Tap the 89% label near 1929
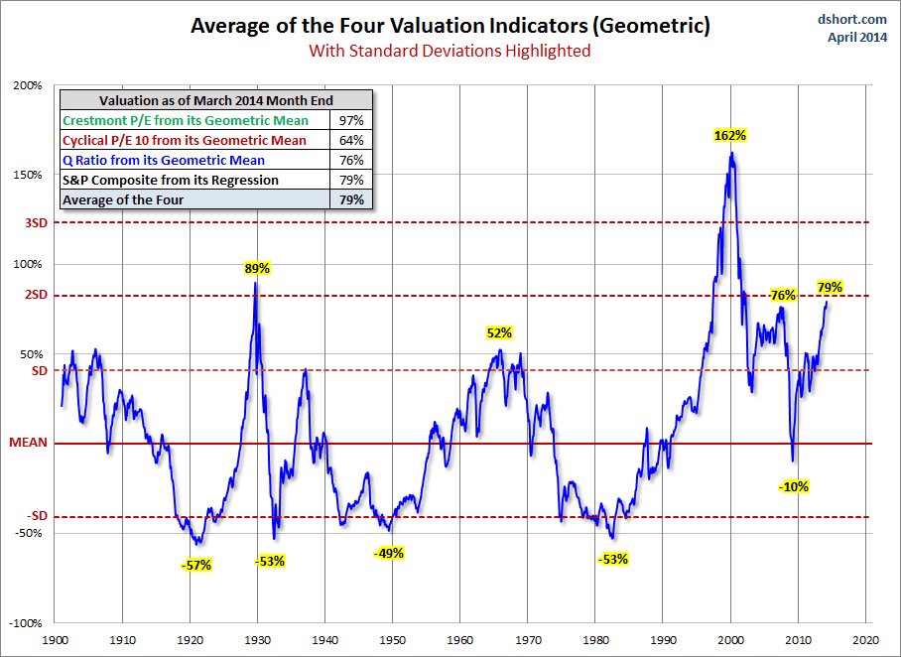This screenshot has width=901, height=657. click(x=258, y=268)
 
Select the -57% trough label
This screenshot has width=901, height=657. click(x=196, y=565)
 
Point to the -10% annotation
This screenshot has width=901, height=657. click(x=794, y=486)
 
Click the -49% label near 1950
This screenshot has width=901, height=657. click(x=389, y=553)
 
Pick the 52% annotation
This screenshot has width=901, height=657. click(x=498, y=332)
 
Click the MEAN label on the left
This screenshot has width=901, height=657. click(x=29, y=444)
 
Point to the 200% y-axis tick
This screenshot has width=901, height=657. click(x=28, y=85)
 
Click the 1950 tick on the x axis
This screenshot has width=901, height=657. click(x=393, y=641)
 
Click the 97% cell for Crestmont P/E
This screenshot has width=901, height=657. click(x=351, y=120)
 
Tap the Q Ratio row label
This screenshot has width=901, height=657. click(x=164, y=160)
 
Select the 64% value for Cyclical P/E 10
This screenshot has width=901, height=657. click(x=351, y=140)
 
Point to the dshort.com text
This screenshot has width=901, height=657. click(x=852, y=19)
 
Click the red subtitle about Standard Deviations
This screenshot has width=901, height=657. click(x=450, y=51)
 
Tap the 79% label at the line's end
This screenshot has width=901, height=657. click(x=830, y=288)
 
